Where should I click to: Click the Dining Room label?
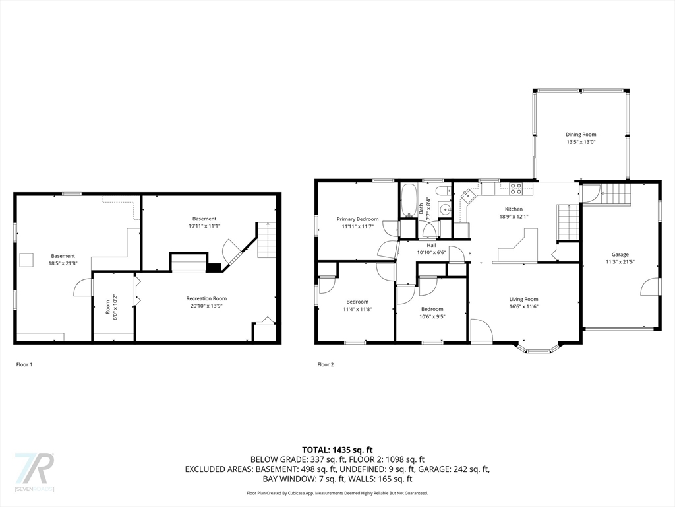pyautogui.click(x=581, y=135)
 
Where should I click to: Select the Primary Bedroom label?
pyautogui.click(x=357, y=219)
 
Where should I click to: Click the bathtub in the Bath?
pyautogui.click(x=409, y=200)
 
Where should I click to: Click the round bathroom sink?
pyautogui.click(x=446, y=210)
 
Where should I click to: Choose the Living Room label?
pyautogui.click(x=523, y=299)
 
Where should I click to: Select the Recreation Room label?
pyautogui.click(x=206, y=298)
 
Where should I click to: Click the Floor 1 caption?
pyautogui.click(x=24, y=364)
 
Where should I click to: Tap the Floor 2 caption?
pyautogui.click(x=326, y=364)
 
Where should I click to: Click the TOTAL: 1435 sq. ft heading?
pyautogui.click(x=337, y=450)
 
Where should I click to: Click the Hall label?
pyautogui.click(x=431, y=246)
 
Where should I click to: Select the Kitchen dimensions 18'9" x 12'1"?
pyautogui.click(x=514, y=217)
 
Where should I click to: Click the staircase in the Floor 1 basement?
pyautogui.click(x=266, y=240)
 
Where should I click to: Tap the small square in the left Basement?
pyautogui.click(x=26, y=260)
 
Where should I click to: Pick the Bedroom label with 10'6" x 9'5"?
pyautogui.click(x=432, y=309)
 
